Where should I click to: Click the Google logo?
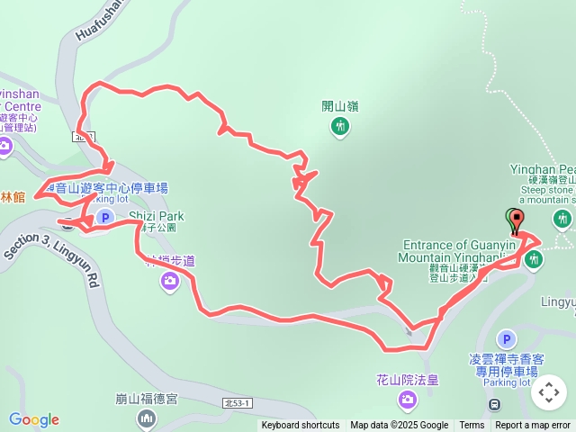pyautogui.click(x=34, y=419)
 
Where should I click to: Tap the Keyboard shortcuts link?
pyautogui.click(x=301, y=426)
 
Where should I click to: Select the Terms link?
pyautogui.click(x=472, y=426)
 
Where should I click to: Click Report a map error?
pyautogui.click(x=533, y=426)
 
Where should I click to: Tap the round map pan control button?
pyautogui.click(x=549, y=392)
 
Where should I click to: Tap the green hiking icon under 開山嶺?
pyautogui.click(x=340, y=127)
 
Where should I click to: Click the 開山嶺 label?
pyautogui.click(x=340, y=106)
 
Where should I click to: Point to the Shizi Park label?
pyautogui.click(x=157, y=216)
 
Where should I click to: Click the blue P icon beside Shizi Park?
pyautogui.click(x=104, y=217)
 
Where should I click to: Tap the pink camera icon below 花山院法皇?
pyautogui.click(x=409, y=399)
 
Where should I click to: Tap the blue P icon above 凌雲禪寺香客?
pyautogui.click(x=506, y=339)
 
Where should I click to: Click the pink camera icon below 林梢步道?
pyautogui.click(x=170, y=283)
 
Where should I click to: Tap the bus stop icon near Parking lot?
pyautogui.click(x=495, y=404)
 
